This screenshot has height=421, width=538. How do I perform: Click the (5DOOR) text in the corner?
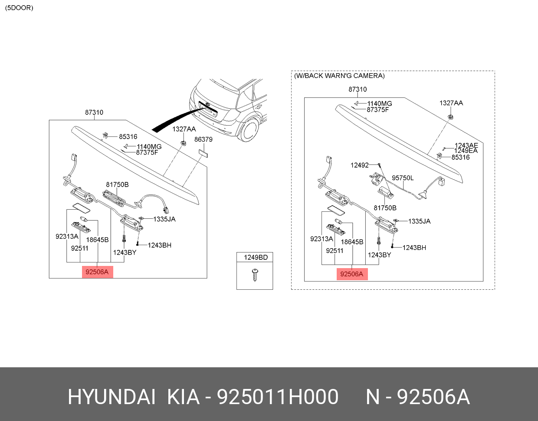click(19, 8)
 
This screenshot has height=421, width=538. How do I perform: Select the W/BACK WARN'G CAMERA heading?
click(339, 76)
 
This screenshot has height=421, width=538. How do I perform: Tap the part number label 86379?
click(203, 139)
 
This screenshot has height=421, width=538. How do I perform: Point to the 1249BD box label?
click(256, 257)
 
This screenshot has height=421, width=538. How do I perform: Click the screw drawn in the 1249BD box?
click(255, 275)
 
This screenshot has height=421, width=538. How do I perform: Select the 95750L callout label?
click(403, 178)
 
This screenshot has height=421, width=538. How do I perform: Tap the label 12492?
click(359, 165)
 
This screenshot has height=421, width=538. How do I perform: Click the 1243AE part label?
click(466, 146)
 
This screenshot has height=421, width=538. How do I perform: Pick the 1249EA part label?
click(466, 151)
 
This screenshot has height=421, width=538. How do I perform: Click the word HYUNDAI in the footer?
click(112, 397)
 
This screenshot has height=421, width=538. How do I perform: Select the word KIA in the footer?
click(184, 397)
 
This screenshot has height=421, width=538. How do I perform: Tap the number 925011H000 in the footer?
click(278, 397)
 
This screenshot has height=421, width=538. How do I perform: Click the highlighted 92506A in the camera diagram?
click(352, 274)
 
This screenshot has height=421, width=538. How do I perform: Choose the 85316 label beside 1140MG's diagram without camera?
click(128, 137)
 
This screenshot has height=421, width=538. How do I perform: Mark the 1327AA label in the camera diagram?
click(451, 103)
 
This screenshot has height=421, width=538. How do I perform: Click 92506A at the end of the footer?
click(433, 397)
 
